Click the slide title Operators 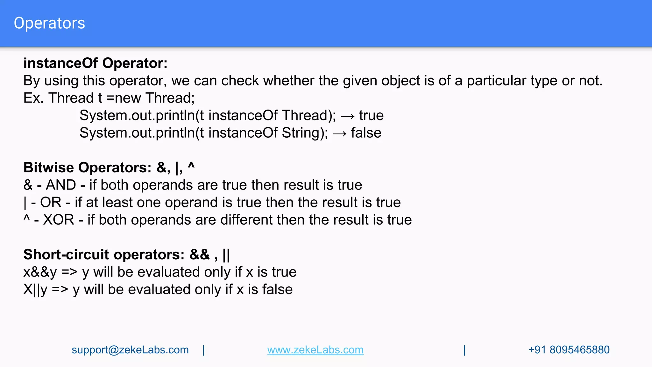(49, 23)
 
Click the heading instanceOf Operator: (95, 63)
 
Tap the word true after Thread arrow (371, 115)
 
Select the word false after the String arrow (366, 133)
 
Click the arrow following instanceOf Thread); (347, 116)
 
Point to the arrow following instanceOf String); (339, 133)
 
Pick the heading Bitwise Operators (88, 168)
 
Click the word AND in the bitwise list (61, 185)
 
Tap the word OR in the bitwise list (51, 203)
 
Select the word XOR (59, 220)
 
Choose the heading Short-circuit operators (104, 255)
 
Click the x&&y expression (40, 272)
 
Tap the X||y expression (35, 290)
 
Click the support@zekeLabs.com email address (130, 350)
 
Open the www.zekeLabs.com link (315, 350)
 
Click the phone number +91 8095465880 (569, 350)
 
